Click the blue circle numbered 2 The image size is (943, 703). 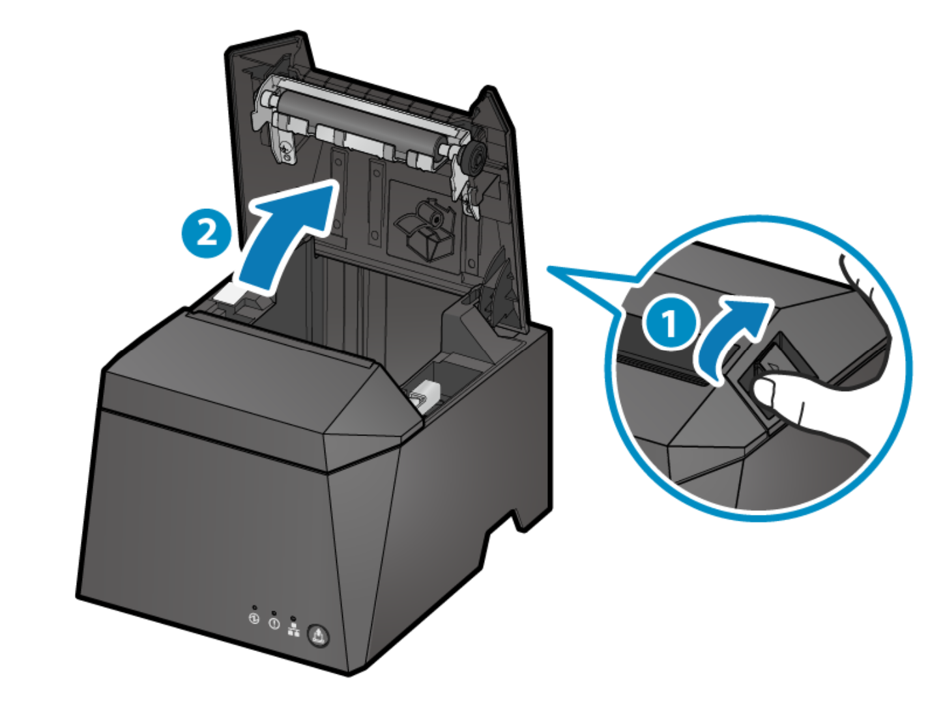coord(206,232)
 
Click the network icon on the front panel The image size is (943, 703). coord(294,629)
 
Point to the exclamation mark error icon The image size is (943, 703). coord(274,623)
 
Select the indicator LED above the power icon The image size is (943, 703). coord(254,607)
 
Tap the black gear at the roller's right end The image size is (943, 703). coord(473,158)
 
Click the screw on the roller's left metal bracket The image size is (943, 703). coord(285,152)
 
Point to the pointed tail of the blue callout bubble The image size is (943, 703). coord(554,269)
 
